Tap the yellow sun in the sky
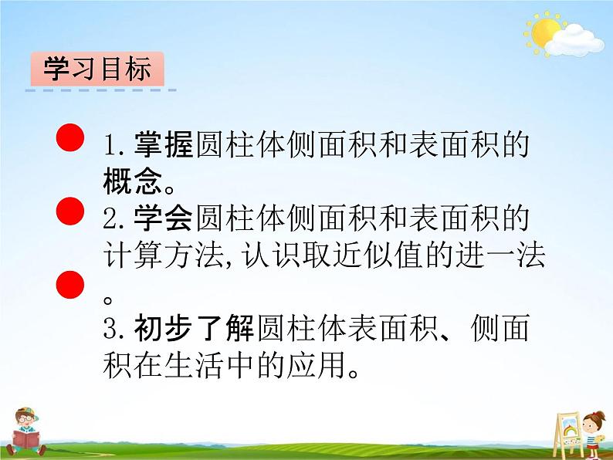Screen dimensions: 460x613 [x=546, y=32]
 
